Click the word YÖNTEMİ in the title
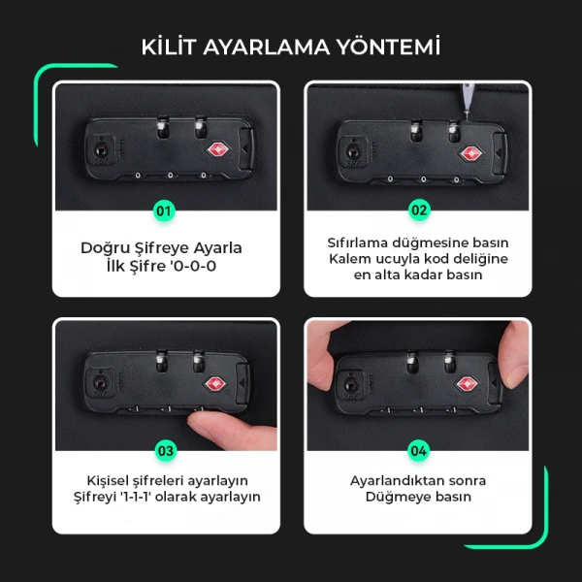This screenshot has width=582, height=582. [393, 47]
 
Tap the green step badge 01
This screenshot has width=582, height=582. [165, 210]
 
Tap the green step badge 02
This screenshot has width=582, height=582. [418, 210]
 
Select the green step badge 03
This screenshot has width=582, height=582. [165, 450]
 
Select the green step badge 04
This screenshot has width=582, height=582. [418, 450]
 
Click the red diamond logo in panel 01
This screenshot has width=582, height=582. [215, 150]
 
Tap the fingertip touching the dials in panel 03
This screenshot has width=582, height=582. [203, 421]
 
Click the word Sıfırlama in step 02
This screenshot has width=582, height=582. [361, 242]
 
